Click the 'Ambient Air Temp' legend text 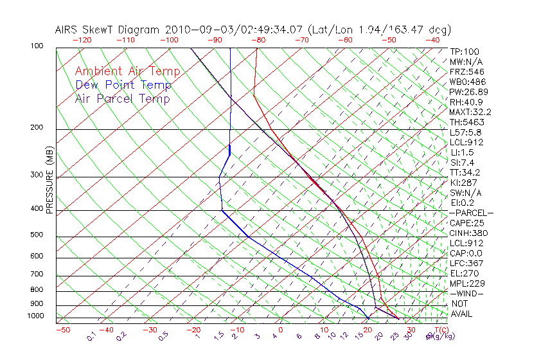tap(127, 72)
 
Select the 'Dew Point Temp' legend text tap(123, 85)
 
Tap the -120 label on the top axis tap(82, 40)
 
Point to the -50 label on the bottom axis tap(63, 330)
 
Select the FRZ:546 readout tap(466, 71)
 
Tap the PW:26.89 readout tap(469, 92)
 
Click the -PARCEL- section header tap(471, 213)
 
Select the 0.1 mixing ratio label tap(91, 336)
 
